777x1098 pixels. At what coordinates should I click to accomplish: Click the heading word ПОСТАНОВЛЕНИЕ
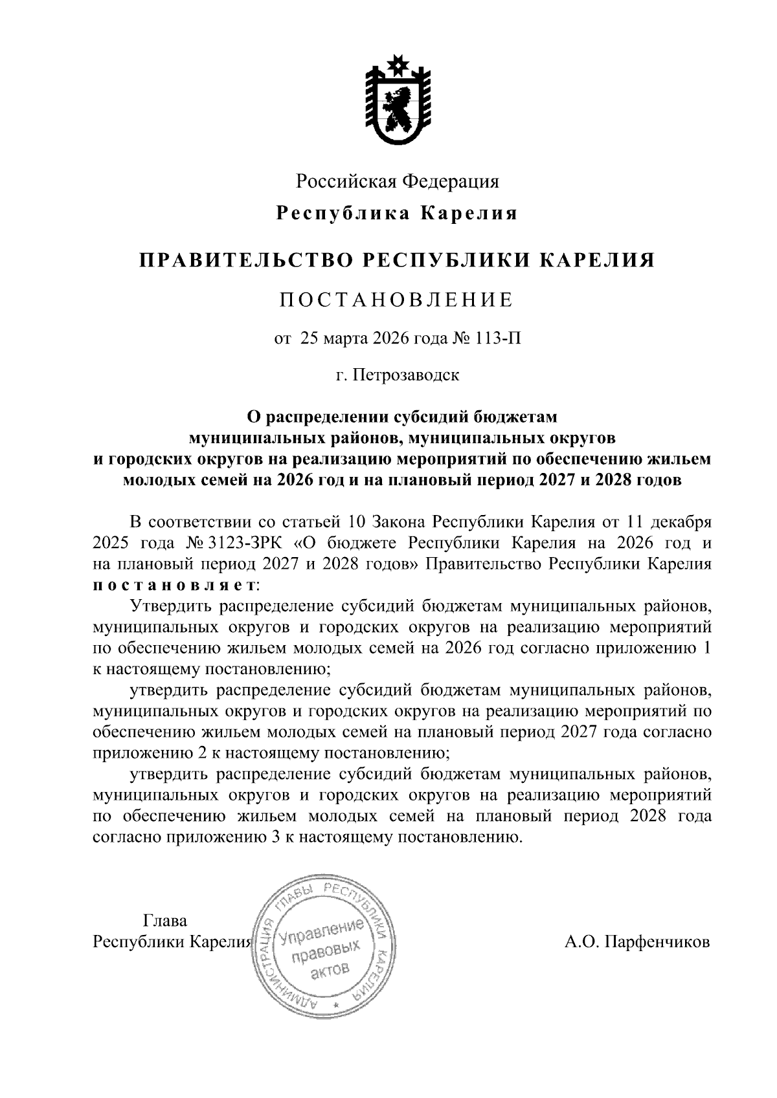[396, 300]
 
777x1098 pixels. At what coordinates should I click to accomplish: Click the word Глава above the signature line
[164, 920]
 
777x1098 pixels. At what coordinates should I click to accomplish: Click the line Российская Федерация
[398, 182]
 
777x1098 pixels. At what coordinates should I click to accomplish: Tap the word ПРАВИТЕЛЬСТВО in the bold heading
[245, 260]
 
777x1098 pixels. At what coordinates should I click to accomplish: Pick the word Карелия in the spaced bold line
[469, 214]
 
